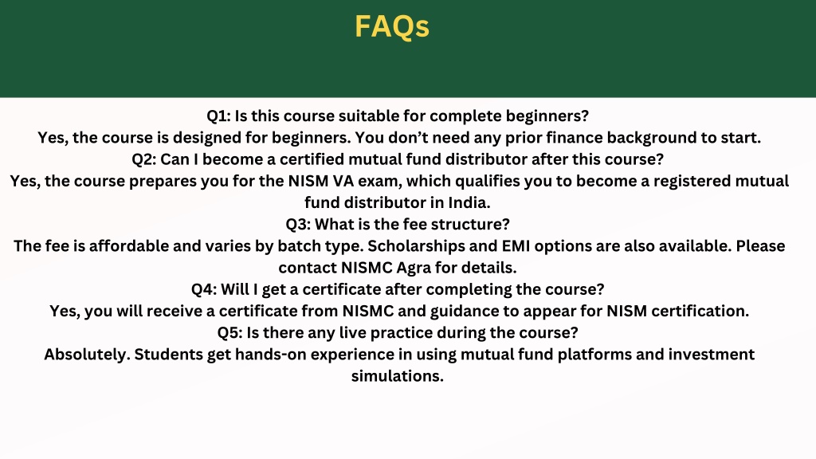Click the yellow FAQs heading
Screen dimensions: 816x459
pos(392,26)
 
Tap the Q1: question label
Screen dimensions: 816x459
pos(218,116)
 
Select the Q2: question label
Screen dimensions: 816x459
pos(143,159)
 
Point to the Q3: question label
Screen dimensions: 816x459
pos(298,224)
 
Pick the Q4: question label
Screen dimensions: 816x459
pos(204,289)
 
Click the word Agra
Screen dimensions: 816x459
pos(414,269)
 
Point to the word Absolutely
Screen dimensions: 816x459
pos(87,355)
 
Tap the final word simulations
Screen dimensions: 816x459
pos(398,376)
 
